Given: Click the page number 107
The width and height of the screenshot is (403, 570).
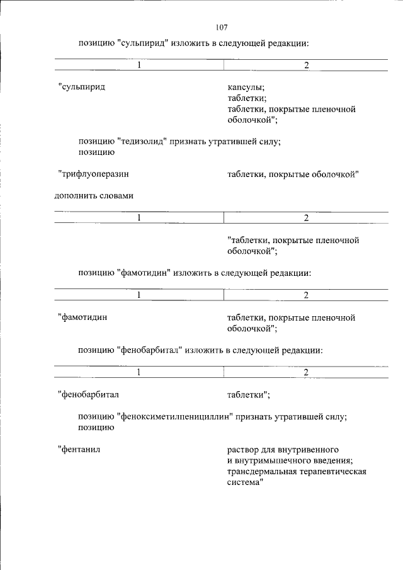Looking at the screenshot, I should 220,27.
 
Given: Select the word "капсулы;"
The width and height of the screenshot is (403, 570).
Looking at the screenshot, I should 246,87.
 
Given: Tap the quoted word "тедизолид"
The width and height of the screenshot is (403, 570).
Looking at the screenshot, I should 142,142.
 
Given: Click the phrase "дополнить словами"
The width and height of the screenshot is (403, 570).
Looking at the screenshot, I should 94,195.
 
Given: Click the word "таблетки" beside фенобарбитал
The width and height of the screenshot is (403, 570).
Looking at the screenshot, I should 248,394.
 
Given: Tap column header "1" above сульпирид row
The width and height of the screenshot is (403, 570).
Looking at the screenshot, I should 140,66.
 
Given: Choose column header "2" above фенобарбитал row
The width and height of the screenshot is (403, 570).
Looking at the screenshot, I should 306,372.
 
